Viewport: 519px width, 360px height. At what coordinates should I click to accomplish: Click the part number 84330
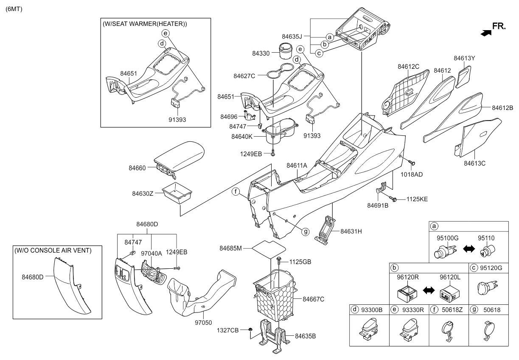click(x=261, y=53)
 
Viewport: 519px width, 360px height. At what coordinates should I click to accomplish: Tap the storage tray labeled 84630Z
click(x=177, y=193)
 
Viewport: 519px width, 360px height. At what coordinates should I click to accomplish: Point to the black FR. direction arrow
click(x=486, y=34)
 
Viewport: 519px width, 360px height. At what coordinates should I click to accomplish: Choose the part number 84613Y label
click(x=464, y=58)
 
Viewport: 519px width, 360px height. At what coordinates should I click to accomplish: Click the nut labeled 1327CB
click(x=250, y=329)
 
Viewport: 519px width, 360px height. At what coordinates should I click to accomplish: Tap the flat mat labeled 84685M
click(x=269, y=250)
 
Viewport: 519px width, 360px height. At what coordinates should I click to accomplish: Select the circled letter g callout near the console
click(x=306, y=231)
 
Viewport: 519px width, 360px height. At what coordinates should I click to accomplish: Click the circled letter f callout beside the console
click(x=236, y=192)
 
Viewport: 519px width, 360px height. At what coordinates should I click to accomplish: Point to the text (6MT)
click(x=14, y=9)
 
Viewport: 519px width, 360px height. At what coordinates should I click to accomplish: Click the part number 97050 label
click(x=203, y=323)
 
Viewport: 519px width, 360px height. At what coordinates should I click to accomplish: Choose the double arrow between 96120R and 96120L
click(x=429, y=290)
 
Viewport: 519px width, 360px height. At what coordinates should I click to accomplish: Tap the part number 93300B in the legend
click(x=372, y=310)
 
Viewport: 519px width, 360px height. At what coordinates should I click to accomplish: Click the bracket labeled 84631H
click(x=325, y=230)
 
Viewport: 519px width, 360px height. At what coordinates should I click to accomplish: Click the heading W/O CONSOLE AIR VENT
click(x=53, y=250)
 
